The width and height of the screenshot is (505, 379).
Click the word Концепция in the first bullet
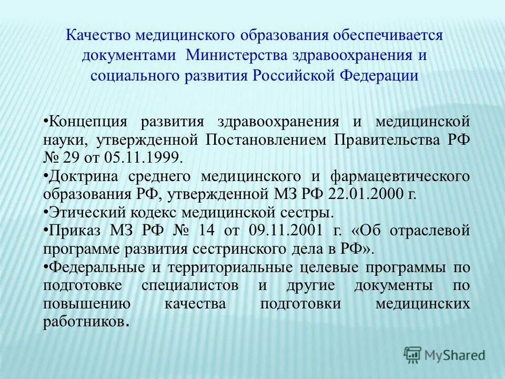pyautogui.click(x=88, y=122)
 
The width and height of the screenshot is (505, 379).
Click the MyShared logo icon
pyautogui.click(x=413, y=354)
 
